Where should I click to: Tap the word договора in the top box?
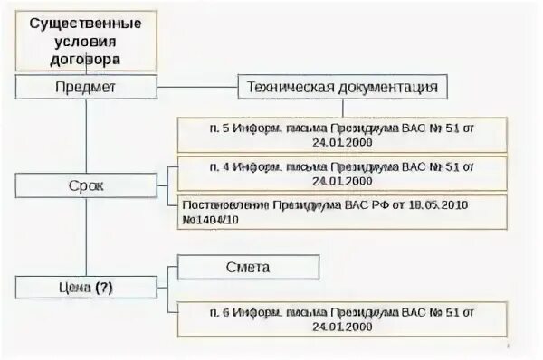tap(85, 57)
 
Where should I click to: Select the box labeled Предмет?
tap(85, 88)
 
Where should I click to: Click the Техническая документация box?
tap(343, 88)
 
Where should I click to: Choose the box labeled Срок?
tap(85, 185)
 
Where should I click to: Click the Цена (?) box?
tap(85, 288)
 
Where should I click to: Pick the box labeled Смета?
tap(248, 268)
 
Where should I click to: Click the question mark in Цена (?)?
tap(106, 288)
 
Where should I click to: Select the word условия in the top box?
tap(85, 40)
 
